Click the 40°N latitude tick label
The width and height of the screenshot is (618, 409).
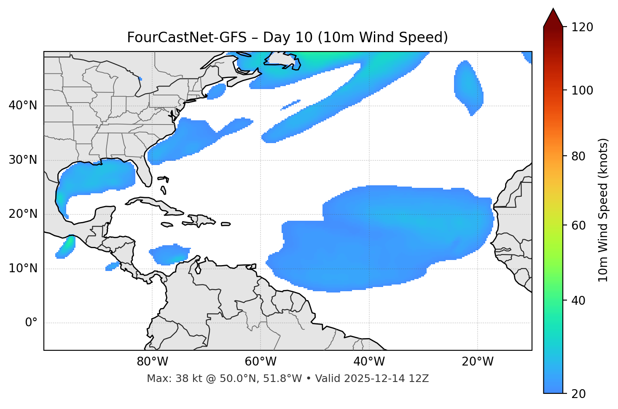pos(23,106)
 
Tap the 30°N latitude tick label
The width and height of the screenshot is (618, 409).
pos(23,160)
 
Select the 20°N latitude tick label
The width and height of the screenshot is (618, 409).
pos(23,214)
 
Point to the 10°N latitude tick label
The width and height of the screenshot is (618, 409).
pos(23,268)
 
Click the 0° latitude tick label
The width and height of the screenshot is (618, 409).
pos(31,323)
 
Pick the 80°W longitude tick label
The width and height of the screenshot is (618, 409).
pos(152,362)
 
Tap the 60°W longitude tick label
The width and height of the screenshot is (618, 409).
pos(261,362)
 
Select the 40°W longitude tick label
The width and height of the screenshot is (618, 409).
pos(369,362)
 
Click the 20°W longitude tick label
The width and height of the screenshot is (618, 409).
pos(478,362)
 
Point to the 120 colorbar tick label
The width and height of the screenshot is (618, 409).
pos(583,27)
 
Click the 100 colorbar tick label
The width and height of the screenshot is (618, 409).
pos(583,90)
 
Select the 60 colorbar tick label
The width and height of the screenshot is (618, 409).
pos(580,225)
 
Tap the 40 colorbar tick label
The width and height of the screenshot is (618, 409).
pos(580,301)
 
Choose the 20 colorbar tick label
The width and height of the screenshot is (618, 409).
pos(580,394)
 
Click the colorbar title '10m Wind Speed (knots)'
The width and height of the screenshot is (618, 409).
pos(604,210)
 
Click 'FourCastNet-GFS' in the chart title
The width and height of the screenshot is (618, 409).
pos(186,38)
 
